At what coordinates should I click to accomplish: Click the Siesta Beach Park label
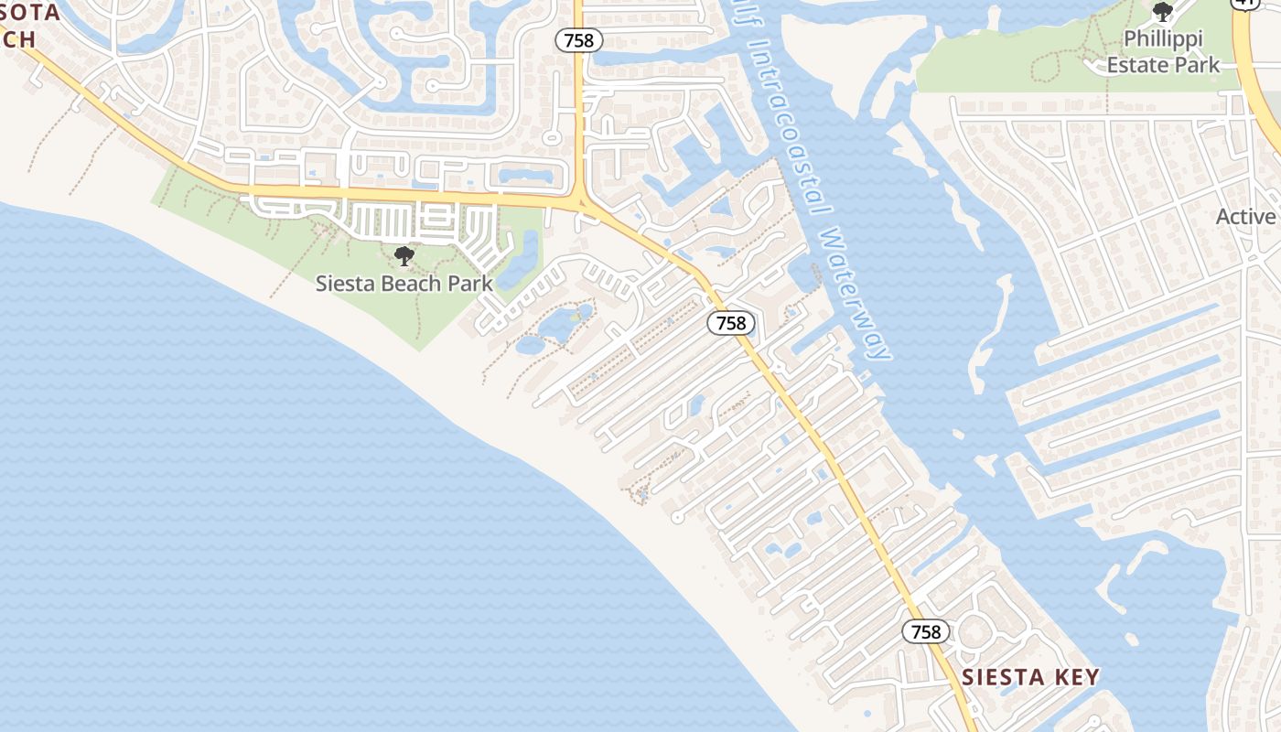(x=404, y=283)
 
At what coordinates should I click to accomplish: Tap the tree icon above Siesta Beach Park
(x=404, y=256)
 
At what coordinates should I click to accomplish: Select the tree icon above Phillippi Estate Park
(x=1163, y=12)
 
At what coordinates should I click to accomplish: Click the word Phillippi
(x=1163, y=39)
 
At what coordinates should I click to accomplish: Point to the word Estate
(x=1138, y=65)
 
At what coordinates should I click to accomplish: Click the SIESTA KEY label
(x=1030, y=677)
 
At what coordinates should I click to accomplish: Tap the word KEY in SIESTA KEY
(x=1076, y=677)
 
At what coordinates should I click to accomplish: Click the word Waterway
(x=855, y=293)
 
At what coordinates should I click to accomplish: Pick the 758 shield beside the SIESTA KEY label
(x=926, y=631)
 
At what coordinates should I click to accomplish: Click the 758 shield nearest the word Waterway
(x=731, y=323)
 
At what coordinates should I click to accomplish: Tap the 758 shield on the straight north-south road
(x=578, y=40)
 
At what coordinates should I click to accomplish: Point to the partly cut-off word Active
(x=1246, y=217)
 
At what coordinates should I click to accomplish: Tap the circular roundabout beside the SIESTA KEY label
(x=974, y=630)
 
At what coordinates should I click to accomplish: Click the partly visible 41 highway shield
(x=1243, y=3)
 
